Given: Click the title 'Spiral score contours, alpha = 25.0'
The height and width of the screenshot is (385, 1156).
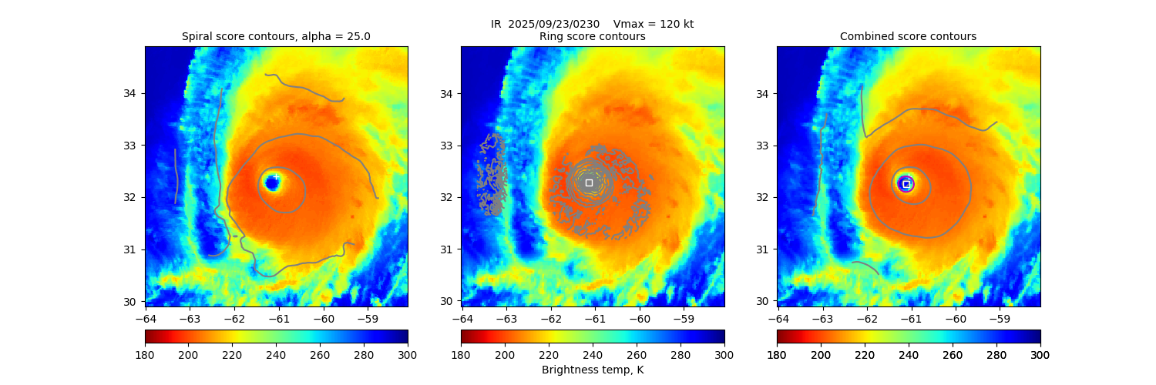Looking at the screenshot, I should [x=276, y=36].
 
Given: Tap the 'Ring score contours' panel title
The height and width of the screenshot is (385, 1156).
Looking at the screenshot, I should [x=592, y=36].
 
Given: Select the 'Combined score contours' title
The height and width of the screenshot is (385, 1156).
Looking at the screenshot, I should [x=908, y=36].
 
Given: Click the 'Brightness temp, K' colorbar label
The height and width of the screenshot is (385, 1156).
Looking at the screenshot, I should [x=592, y=370].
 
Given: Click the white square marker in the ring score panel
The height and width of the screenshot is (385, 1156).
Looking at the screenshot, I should [x=589, y=182].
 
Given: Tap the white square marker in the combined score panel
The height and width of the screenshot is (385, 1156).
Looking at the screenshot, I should [x=906, y=184].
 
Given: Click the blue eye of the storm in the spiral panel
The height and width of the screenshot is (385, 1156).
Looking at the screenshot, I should [x=271, y=182].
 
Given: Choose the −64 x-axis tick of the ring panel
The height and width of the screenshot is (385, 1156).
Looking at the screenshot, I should [x=462, y=317].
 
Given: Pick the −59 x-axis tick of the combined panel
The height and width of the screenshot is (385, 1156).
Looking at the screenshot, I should [x=999, y=317].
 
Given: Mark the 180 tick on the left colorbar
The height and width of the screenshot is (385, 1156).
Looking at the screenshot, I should [x=145, y=354].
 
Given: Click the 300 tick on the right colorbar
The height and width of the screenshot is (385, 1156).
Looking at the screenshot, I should [x=1040, y=354].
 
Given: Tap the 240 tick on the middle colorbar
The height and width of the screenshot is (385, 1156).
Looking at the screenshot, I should [x=593, y=354].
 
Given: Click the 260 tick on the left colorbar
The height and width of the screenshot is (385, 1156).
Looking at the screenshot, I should [x=320, y=354].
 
